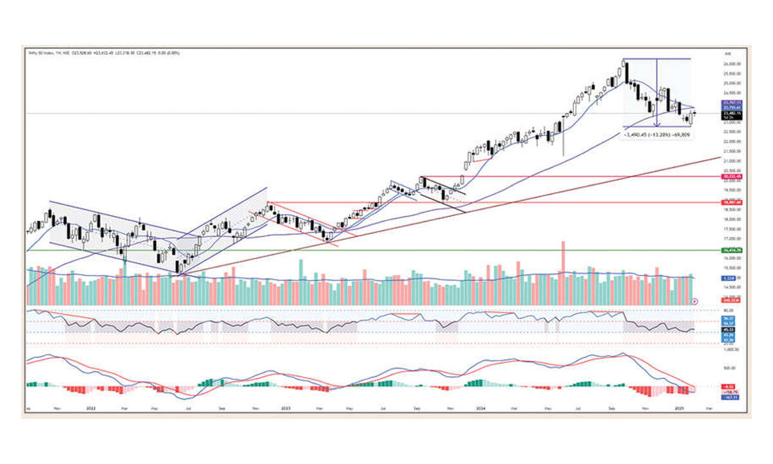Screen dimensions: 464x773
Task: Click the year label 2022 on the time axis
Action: (x=90, y=409)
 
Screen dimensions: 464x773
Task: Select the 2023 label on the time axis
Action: (x=285, y=409)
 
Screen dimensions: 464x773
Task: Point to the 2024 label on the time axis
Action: (x=481, y=409)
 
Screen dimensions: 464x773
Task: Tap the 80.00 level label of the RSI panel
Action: (x=730, y=310)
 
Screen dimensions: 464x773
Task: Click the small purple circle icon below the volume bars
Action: (x=694, y=301)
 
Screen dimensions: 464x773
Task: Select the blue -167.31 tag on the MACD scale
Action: (x=732, y=397)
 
